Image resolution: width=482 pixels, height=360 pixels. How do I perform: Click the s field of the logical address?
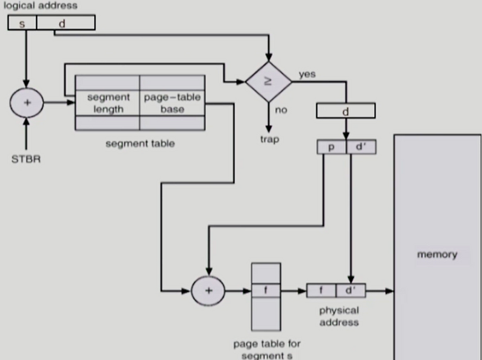(22, 23)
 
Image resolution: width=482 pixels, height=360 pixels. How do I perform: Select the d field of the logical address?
(66, 23)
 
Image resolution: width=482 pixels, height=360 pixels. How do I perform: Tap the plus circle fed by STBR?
(27, 103)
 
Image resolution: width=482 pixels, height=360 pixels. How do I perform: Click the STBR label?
(26, 159)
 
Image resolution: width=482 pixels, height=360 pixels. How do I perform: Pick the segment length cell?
(108, 103)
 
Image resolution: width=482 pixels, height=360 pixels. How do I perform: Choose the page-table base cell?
(172, 103)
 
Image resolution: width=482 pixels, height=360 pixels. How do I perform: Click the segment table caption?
(140, 144)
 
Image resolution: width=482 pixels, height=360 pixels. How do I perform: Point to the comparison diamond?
(269, 81)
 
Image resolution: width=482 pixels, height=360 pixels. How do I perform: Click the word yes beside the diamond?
(307, 74)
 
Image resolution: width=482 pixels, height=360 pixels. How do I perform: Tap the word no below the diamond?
(281, 110)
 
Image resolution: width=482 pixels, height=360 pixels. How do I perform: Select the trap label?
(269, 139)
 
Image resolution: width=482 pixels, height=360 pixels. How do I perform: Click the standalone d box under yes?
(346, 111)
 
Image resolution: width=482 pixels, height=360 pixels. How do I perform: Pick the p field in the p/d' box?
(332, 147)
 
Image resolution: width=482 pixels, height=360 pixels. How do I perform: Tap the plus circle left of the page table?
(208, 291)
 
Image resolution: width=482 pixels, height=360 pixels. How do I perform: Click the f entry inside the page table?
(266, 290)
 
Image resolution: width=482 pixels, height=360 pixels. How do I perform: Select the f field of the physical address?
(321, 291)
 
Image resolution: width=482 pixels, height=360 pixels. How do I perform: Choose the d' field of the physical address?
(351, 291)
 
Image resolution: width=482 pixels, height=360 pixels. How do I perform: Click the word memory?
(437, 254)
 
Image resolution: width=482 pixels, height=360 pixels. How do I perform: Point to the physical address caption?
(339, 317)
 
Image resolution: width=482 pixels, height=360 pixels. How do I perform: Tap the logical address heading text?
(40, 5)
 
